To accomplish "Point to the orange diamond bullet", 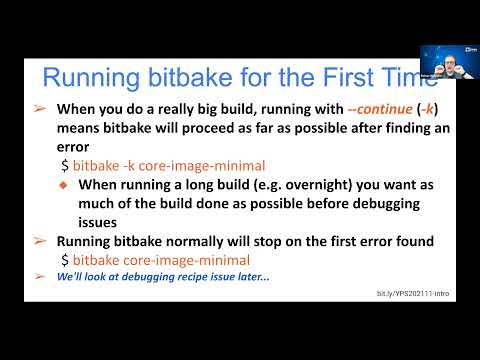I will [62, 184].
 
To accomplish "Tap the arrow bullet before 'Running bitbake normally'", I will [40, 241].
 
